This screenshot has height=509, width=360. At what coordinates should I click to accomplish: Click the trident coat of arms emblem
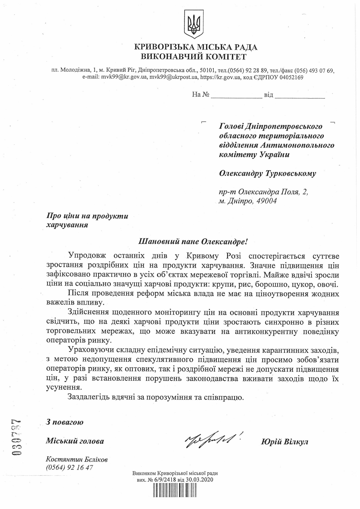pos(194,24)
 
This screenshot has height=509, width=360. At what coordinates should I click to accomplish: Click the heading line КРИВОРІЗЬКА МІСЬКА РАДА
pos(195,47)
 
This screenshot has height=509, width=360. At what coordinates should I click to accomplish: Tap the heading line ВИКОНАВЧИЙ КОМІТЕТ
pos(194,57)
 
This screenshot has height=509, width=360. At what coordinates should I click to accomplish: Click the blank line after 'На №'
pos(236,95)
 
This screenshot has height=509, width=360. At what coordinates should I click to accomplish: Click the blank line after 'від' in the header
pos(300,95)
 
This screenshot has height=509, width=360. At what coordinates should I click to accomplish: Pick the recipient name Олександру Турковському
pos(267,174)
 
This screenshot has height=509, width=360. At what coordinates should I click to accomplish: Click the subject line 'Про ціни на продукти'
pos(87,216)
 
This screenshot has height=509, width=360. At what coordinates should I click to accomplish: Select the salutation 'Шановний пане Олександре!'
pos(193,242)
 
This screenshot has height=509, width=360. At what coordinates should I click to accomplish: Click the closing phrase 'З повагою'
pos(65,422)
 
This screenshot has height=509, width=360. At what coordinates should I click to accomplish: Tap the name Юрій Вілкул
pos(284,442)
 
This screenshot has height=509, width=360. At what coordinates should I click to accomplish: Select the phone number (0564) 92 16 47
pos(69,467)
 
